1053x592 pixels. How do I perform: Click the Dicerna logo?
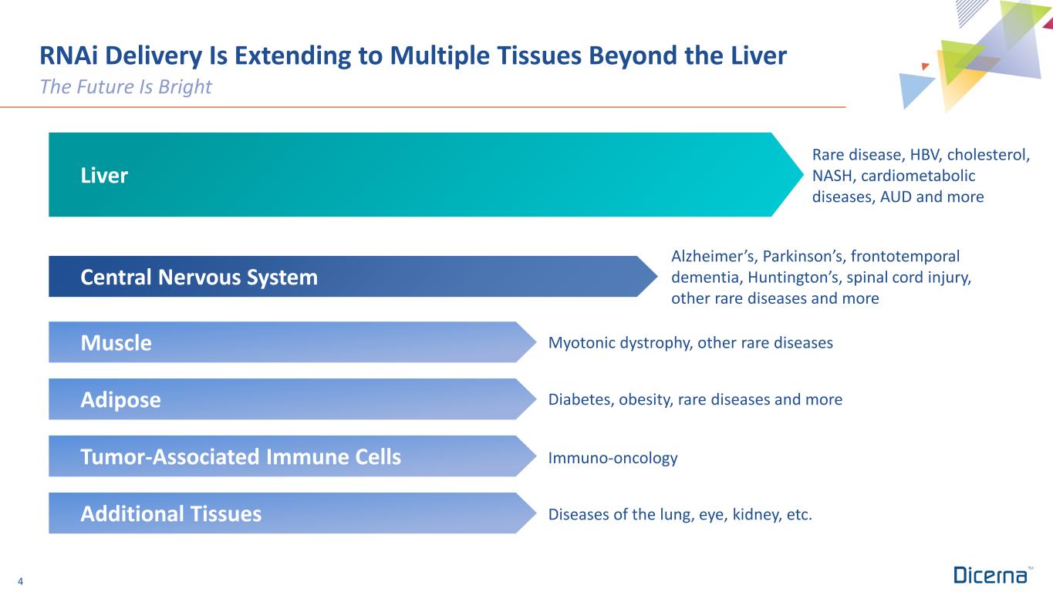click(991, 576)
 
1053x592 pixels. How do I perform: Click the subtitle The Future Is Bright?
click(126, 87)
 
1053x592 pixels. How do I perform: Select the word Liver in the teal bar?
click(104, 176)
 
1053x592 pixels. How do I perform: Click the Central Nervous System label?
click(199, 277)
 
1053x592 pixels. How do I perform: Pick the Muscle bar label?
click(116, 343)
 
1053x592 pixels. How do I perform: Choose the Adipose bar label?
click(120, 400)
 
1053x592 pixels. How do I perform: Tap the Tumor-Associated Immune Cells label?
click(241, 457)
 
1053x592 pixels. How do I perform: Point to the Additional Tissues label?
click(170, 514)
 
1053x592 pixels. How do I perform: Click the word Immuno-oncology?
click(613, 458)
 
